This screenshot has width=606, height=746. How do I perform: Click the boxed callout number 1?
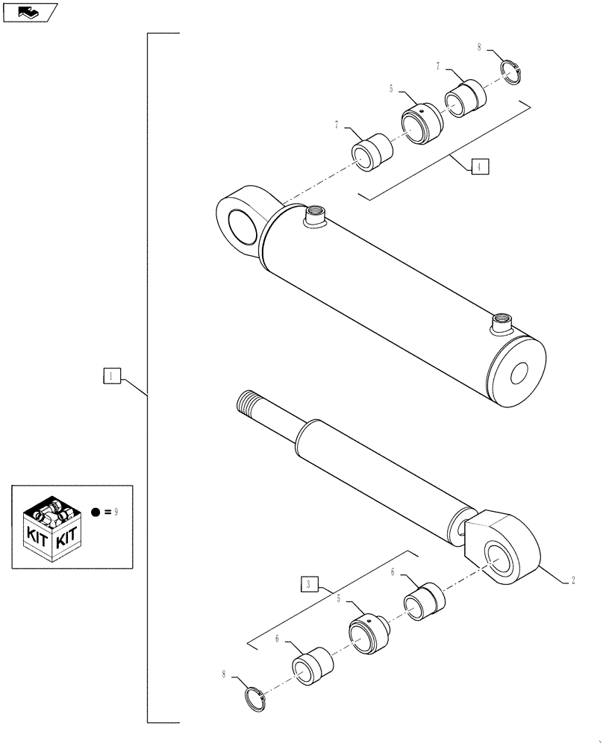110,376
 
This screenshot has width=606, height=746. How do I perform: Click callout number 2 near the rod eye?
572,578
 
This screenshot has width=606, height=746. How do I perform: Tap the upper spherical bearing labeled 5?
422,121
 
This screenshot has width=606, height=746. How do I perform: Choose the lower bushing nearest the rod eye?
424,601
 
